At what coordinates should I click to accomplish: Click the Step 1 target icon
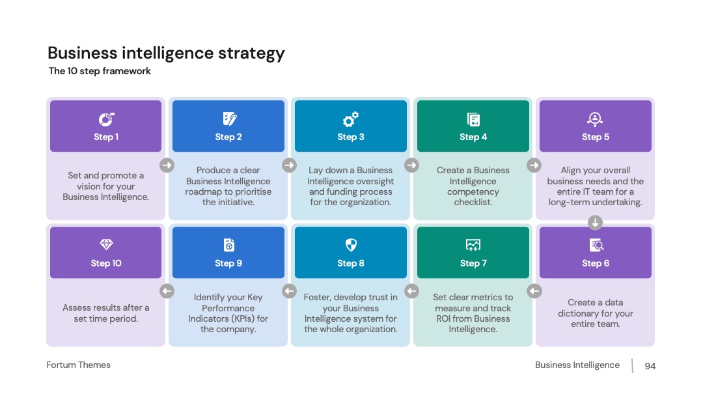(x=106, y=119)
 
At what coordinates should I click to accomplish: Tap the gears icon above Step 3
(x=351, y=119)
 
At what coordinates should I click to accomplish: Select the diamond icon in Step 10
(x=106, y=244)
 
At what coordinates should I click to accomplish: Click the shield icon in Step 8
(x=351, y=245)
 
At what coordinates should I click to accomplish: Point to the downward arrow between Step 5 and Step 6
(x=595, y=223)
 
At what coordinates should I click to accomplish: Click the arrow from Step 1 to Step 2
(x=167, y=165)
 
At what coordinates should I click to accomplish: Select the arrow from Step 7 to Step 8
(x=411, y=291)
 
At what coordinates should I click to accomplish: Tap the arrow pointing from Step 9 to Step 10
(x=167, y=291)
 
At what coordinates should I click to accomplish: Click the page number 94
(x=650, y=366)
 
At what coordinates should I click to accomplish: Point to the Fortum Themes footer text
(x=79, y=365)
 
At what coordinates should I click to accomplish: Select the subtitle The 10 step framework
(x=100, y=71)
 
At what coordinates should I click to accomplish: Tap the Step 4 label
(x=473, y=137)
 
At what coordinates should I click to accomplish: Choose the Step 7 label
(x=473, y=264)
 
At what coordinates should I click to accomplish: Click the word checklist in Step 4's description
(x=473, y=203)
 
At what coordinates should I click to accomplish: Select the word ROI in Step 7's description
(x=443, y=318)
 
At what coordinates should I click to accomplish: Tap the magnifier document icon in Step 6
(x=596, y=245)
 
